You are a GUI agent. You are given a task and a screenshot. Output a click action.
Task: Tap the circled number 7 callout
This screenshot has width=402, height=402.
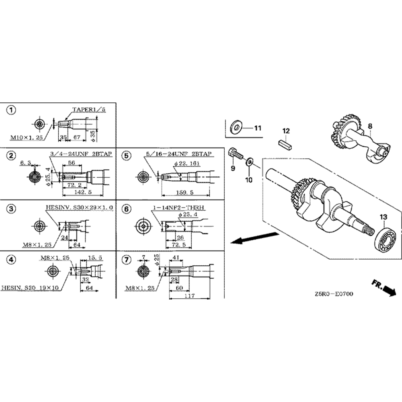click(x=127, y=260)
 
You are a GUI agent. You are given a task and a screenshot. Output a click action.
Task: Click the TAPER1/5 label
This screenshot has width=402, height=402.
click(x=88, y=109)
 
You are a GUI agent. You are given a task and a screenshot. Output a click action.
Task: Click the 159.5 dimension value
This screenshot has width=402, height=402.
click(x=185, y=192)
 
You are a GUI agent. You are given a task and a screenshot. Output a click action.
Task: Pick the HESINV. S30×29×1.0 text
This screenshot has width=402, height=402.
click(x=80, y=207)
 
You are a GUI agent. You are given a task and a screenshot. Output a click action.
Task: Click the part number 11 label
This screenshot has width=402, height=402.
click(x=257, y=128)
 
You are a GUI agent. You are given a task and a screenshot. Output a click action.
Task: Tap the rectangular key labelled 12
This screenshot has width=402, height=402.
click(x=286, y=143)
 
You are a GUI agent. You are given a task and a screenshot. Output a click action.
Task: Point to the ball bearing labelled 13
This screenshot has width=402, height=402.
click(x=385, y=241)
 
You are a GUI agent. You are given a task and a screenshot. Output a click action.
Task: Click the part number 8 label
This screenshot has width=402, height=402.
click(x=370, y=126)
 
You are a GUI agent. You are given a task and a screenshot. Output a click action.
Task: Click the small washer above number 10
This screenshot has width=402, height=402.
click(x=249, y=162)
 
